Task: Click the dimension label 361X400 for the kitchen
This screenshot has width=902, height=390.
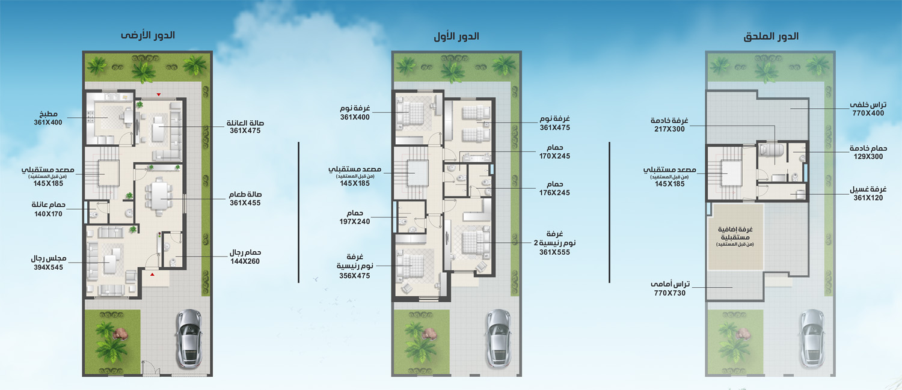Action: click(x=48, y=123)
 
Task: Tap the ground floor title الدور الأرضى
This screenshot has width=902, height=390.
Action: click(x=148, y=35)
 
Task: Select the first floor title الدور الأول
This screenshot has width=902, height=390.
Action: click(x=456, y=36)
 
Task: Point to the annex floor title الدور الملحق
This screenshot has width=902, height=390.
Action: click(x=771, y=36)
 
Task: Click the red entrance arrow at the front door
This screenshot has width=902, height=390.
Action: click(x=153, y=275)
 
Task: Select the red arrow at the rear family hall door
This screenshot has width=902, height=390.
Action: click(x=159, y=94)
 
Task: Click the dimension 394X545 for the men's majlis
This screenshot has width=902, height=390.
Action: click(x=48, y=267)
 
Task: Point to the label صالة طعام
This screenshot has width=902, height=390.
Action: click(x=245, y=194)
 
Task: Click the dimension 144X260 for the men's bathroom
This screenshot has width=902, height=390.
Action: click(x=245, y=261)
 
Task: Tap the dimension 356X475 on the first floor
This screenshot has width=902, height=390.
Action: click(x=354, y=276)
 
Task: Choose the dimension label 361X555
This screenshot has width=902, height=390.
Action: click(x=555, y=252)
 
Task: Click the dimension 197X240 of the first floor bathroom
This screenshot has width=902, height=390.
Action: click(x=354, y=221)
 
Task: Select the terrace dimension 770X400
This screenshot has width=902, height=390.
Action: click(x=868, y=113)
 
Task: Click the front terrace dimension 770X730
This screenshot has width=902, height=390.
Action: click(x=670, y=293)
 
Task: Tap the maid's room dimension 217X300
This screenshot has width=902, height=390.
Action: click(x=669, y=129)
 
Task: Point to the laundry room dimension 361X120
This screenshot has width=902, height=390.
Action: click(x=868, y=198)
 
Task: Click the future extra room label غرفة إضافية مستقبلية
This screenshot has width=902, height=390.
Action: click(x=735, y=233)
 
